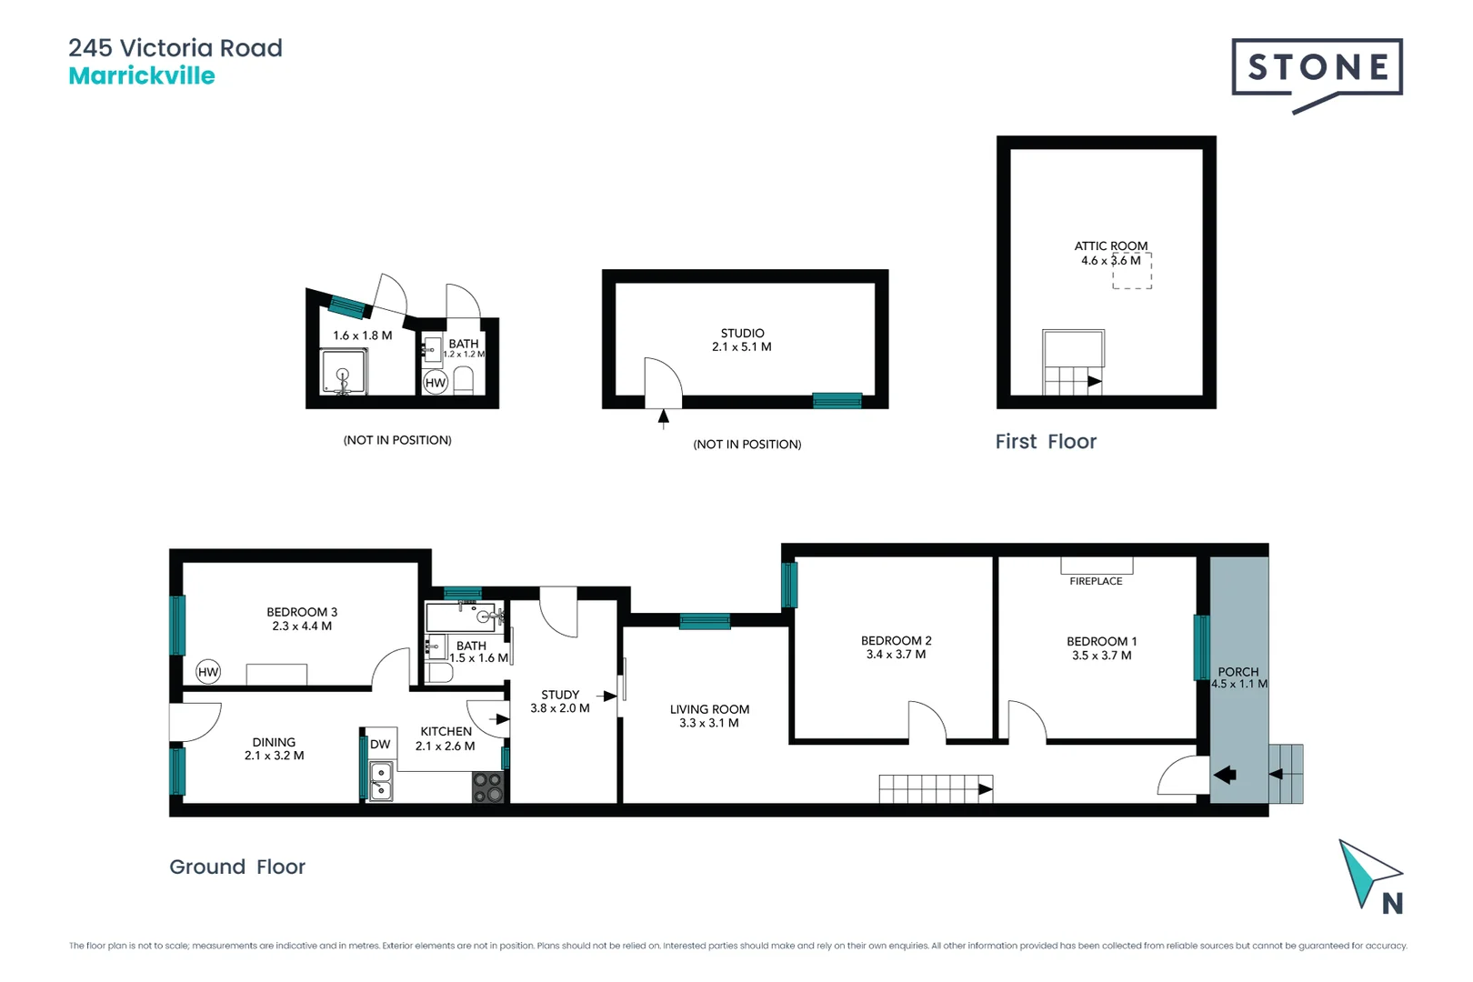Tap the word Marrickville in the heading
point(142,76)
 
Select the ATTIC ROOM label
point(1110,246)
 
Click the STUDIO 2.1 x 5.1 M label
point(742,340)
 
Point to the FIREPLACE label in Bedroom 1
point(1096,581)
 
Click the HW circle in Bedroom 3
point(208,672)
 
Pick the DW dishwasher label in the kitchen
point(380,744)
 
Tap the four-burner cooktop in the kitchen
point(488,787)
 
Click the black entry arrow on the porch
point(1225,775)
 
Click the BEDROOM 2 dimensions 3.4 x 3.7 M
point(896,655)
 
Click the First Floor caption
point(1046,442)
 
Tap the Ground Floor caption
point(237,867)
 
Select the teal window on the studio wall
point(837,400)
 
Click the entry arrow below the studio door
point(664,418)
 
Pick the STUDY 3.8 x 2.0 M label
point(560,701)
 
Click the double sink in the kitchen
point(381,782)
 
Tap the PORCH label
point(1238,672)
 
